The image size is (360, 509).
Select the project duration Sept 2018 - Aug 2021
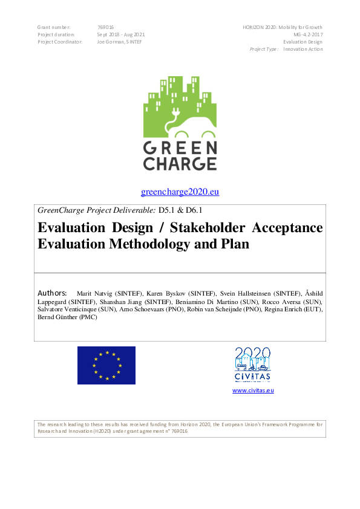(x=121, y=35)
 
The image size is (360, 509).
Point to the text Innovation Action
(x=303, y=50)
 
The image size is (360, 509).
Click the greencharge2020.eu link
(x=180, y=192)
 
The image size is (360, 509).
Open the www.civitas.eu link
(x=253, y=391)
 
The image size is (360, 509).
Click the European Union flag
(x=106, y=365)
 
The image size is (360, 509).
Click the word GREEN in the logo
(x=180, y=148)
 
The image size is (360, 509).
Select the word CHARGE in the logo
(x=180, y=163)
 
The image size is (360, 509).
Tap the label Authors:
(x=52, y=293)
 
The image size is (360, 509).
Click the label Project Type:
(x=264, y=50)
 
